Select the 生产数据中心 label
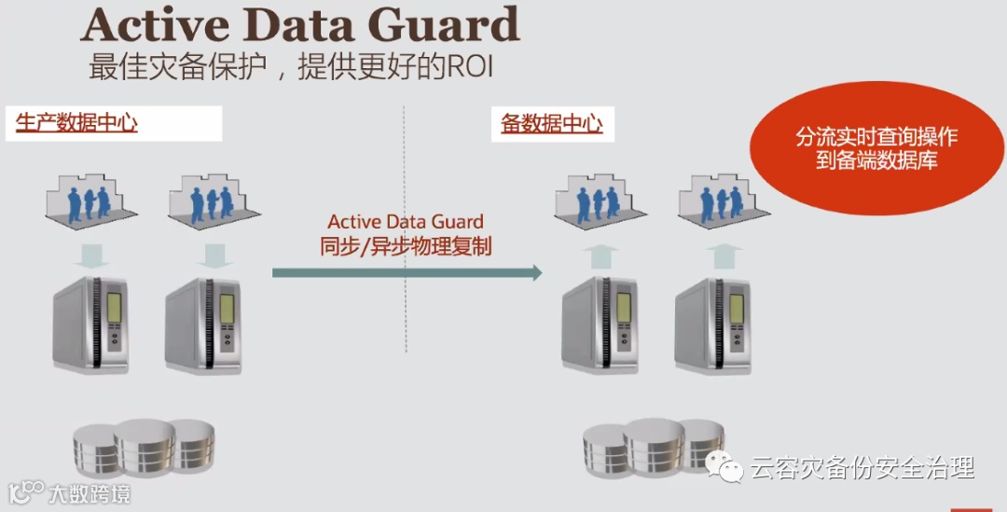[77, 122]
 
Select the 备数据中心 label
[552, 123]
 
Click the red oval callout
[876, 149]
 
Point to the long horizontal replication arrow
[407, 272]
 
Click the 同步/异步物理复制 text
[406, 247]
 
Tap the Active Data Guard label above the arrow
[406, 222]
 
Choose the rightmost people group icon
[717, 199]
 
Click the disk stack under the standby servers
[654, 448]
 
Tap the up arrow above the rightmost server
[724, 255]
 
